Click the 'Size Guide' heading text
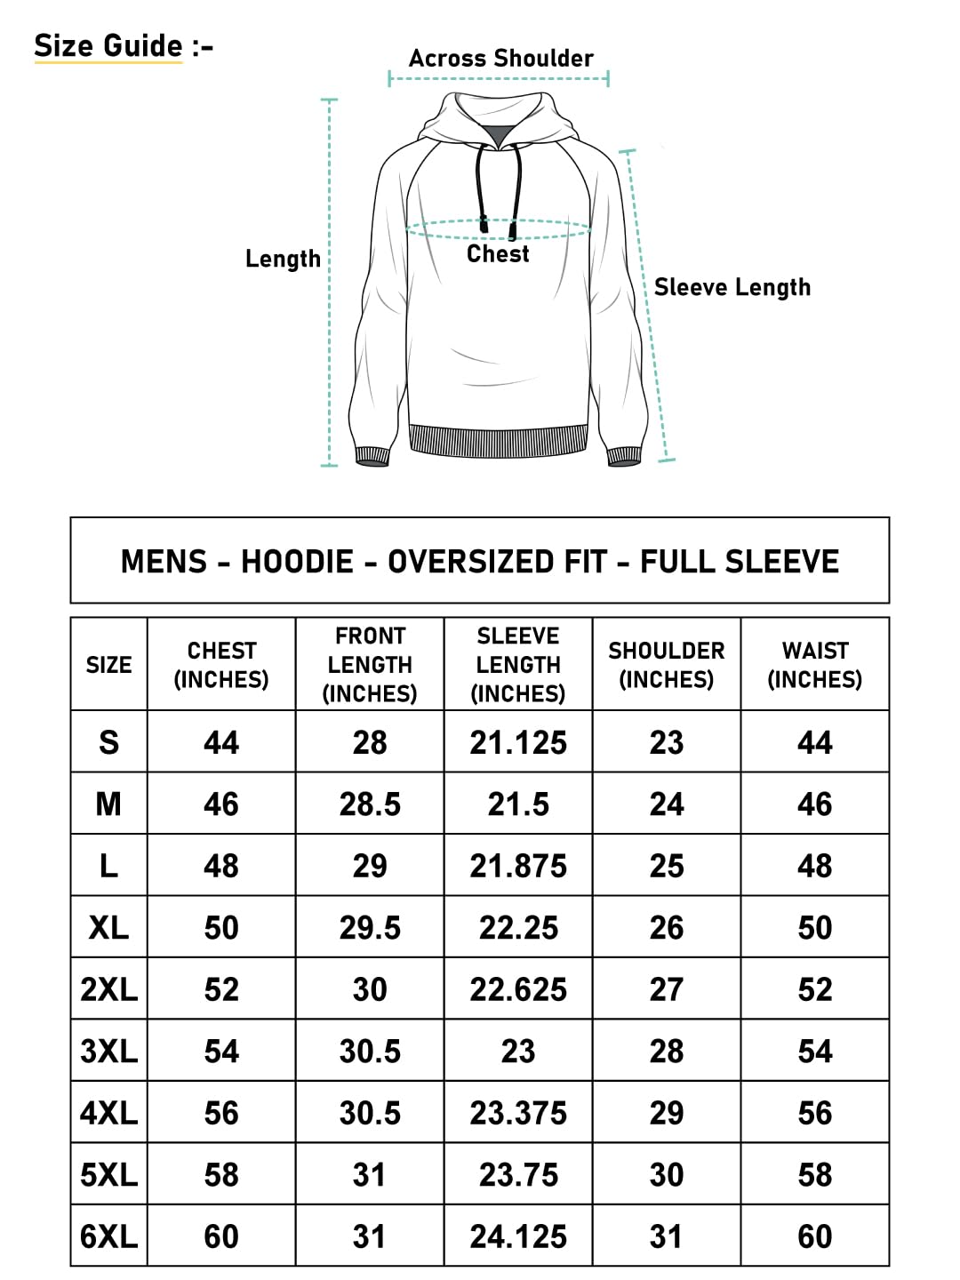point(108,45)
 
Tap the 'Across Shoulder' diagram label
point(500,59)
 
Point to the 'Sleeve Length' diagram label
point(732,287)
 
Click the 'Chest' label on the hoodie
point(498,254)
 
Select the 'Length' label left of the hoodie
point(283,259)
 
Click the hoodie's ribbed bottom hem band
point(498,440)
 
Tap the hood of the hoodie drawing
point(498,111)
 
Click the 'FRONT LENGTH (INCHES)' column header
point(370,665)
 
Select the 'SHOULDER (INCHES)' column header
point(667,665)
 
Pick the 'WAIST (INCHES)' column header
point(814,665)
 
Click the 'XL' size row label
point(108,928)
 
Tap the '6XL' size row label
point(108,1236)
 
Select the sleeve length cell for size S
point(518,743)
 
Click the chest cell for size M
point(221,804)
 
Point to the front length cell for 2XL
point(370,989)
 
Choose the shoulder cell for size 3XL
point(667,1052)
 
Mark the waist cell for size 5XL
point(814,1175)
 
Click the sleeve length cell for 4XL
point(518,1113)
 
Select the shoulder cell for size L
point(667,866)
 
